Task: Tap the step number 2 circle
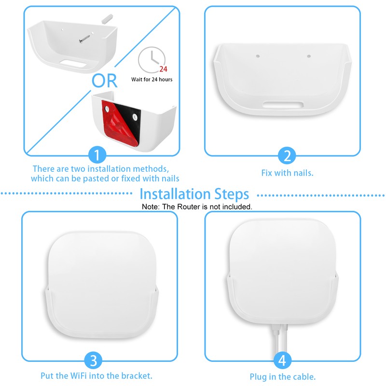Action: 287,155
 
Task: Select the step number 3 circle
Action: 94,360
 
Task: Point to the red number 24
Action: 163,69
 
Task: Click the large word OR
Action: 104,81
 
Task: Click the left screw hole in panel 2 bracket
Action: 258,57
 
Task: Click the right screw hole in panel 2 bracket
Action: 308,57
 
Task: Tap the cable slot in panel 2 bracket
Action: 283,104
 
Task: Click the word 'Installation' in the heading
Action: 173,194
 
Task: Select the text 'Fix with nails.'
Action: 287,173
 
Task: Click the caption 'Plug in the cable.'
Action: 282,377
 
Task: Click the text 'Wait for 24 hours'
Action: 152,80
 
